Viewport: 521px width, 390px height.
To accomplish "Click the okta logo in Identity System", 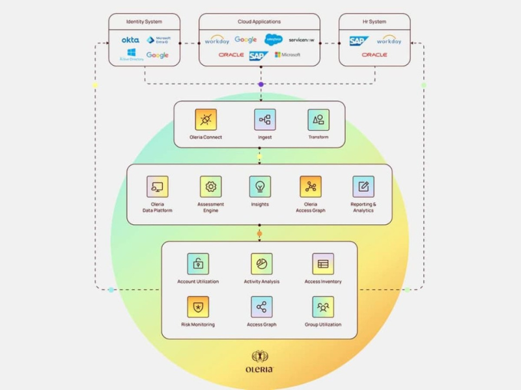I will pos(130,40).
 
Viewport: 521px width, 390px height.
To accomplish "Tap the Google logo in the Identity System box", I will pos(158,55).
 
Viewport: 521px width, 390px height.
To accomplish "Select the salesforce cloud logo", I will pos(274,39).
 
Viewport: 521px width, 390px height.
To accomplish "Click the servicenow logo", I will pos(302,40).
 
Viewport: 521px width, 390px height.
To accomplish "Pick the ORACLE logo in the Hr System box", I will pos(374,55).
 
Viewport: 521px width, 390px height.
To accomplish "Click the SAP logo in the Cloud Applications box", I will pos(259,55).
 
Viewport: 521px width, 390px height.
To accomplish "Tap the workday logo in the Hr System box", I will pos(389,40).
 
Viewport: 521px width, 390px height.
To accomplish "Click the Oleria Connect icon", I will pos(206,120).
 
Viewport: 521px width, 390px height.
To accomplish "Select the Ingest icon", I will pos(264,120).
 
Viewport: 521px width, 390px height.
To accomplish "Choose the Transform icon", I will pos(318,120).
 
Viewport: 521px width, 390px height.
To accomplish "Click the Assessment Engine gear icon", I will pos(210,187).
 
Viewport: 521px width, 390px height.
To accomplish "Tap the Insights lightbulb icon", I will pos(260,187).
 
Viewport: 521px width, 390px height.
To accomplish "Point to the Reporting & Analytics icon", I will pos(363,187).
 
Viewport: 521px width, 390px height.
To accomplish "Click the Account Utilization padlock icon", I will pos(198,264).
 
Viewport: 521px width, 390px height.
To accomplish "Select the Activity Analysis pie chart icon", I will pos(261,264).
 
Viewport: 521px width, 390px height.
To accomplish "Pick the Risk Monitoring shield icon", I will pos(198,307).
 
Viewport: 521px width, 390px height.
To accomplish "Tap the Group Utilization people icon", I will pos(322,307).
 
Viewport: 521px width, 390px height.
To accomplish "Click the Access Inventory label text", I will pos(322,281).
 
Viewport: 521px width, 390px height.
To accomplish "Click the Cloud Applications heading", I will pos(259,22).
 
